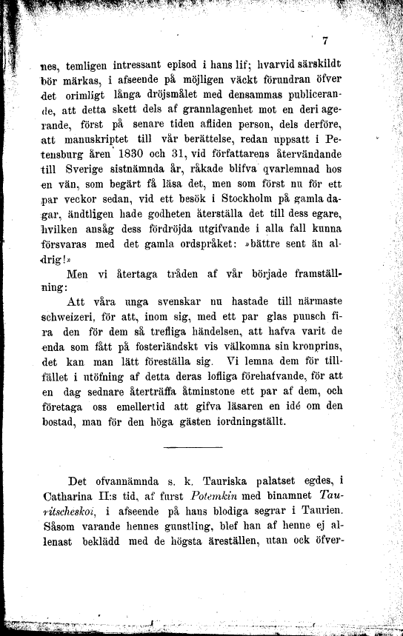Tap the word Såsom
(x=61, y=526)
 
